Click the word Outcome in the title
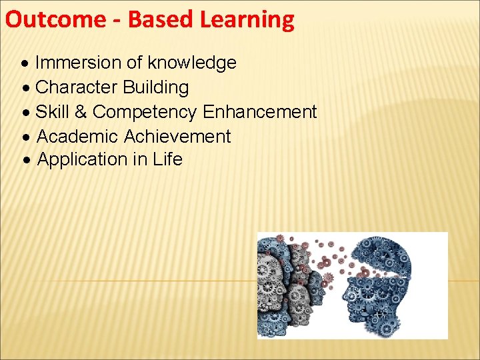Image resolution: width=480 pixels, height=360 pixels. [x=53, y=20]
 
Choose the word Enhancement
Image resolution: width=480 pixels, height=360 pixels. [x=259, y=112]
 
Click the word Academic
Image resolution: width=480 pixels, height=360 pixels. [x=77, y=137]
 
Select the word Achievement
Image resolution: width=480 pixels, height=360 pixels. [x=177, y=137]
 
